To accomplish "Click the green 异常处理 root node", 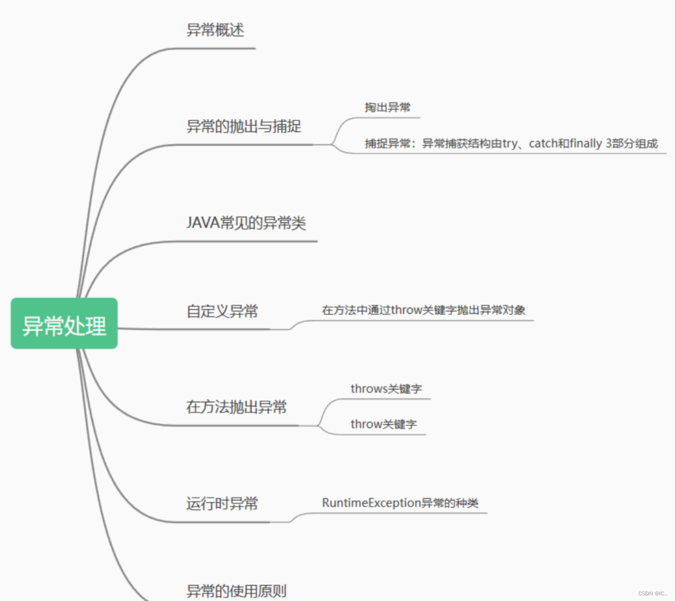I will click(64, 323).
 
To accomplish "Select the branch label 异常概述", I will click(215, 30).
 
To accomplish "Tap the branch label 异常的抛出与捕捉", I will click(244, 127).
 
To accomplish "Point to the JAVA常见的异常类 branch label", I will click(246, 223).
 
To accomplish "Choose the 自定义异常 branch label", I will click(222, 311).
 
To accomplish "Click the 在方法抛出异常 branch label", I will click(237, 407).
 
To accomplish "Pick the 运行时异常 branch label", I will click(222, 503).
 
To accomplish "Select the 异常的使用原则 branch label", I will click(237, 591).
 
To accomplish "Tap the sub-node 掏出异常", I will click(387, 107).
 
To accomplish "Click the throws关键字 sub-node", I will click(386, 389).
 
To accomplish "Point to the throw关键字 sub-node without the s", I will click(383, 424).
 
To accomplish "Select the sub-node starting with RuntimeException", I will click(400, 503).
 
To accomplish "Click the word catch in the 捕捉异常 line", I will click(543, 144).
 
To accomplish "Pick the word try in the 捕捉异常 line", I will click(510, 144).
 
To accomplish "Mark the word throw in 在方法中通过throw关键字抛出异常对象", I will click(406, 310).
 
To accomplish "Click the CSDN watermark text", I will click(652, 593).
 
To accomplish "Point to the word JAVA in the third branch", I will click(202, 223).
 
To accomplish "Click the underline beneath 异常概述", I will click(219, 48).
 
